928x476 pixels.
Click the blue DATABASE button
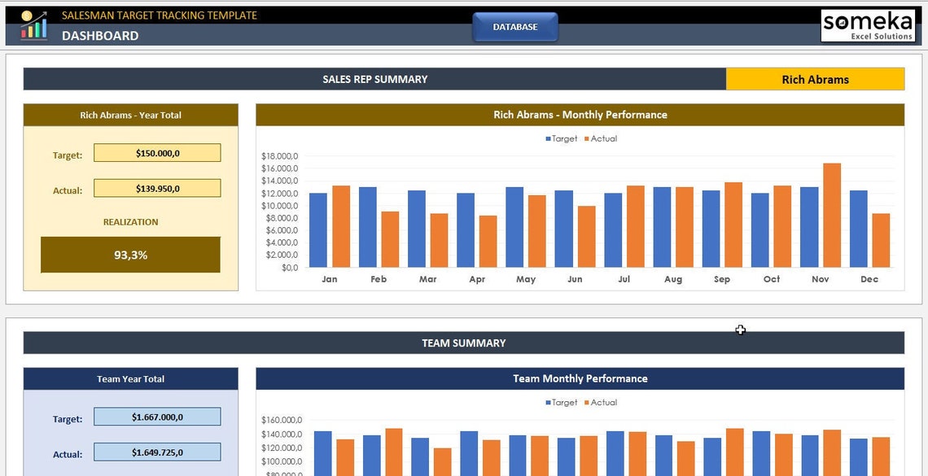515,27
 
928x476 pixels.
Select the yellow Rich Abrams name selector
815,79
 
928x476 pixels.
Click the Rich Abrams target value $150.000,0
157,153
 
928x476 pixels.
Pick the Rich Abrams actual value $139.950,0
157,189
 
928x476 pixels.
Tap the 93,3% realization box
130,255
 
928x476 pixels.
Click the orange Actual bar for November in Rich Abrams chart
831,216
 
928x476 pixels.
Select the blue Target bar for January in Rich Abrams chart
318,230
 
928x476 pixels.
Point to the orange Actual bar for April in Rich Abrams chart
488,242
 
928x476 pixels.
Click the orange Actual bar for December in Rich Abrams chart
880,240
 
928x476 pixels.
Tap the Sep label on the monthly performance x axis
722,279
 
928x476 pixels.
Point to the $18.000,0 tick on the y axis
279,156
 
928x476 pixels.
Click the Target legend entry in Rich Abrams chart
561,138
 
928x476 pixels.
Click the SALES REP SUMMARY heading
374,79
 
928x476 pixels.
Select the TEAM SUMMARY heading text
463,343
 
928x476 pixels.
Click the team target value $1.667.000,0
157,417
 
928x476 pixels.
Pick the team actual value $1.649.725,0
157,452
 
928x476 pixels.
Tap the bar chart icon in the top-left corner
33,25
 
